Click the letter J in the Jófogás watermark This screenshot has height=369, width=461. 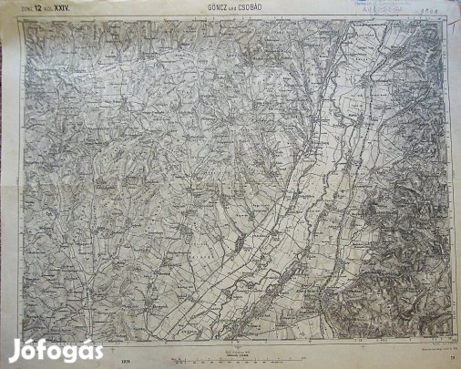[x=15, y=348]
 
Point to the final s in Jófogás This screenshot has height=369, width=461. [x=97, y=349]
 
